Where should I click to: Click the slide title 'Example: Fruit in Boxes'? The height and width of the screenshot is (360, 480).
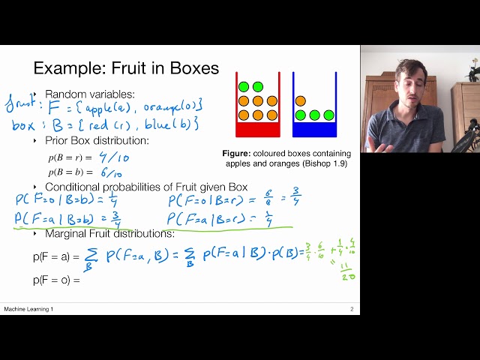[126, 68]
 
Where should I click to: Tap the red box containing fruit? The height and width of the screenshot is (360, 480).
[257, 106]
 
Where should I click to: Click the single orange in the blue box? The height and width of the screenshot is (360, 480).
[301, 100]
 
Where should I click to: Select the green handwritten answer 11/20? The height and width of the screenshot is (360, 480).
[347, 271]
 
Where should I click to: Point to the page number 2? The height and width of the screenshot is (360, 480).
[351, 309]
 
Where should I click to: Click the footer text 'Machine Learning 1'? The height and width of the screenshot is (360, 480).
[28, 309]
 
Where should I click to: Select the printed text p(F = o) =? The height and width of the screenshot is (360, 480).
[56, 280]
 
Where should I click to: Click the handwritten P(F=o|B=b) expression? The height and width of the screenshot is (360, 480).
[66, 200]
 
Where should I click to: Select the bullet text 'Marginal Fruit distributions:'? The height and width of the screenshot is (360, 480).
[109, 233]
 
